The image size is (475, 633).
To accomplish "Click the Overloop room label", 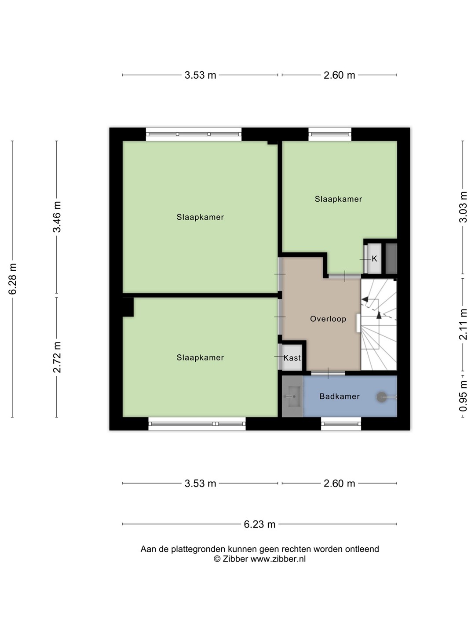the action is (328, 319).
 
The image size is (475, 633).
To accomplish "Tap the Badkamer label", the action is (340, 397).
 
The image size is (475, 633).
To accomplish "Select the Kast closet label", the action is (292, 358).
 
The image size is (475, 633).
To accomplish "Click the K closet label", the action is (374, 258).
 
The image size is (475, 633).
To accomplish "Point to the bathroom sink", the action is (292, 397).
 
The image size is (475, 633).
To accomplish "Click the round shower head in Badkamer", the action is (382, 397).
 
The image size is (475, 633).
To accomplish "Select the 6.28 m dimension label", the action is (13, 279).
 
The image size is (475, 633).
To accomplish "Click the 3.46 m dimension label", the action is (57, 217).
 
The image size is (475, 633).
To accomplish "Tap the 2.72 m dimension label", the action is (57, 357).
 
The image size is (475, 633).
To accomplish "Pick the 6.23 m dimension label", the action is (259, 524).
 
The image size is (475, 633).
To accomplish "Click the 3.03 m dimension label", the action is (463, 207).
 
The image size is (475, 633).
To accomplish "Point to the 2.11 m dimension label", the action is (463, 324).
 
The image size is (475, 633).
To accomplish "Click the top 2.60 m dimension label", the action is (339, 75).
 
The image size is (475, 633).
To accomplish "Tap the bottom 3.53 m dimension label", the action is (200, 484).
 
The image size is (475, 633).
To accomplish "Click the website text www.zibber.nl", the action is (278, 559).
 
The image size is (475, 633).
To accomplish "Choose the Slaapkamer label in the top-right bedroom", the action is (338, 199).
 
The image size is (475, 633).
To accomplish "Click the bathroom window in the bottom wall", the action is (341, 424).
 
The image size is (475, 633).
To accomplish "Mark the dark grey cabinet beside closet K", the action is (391, 258).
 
